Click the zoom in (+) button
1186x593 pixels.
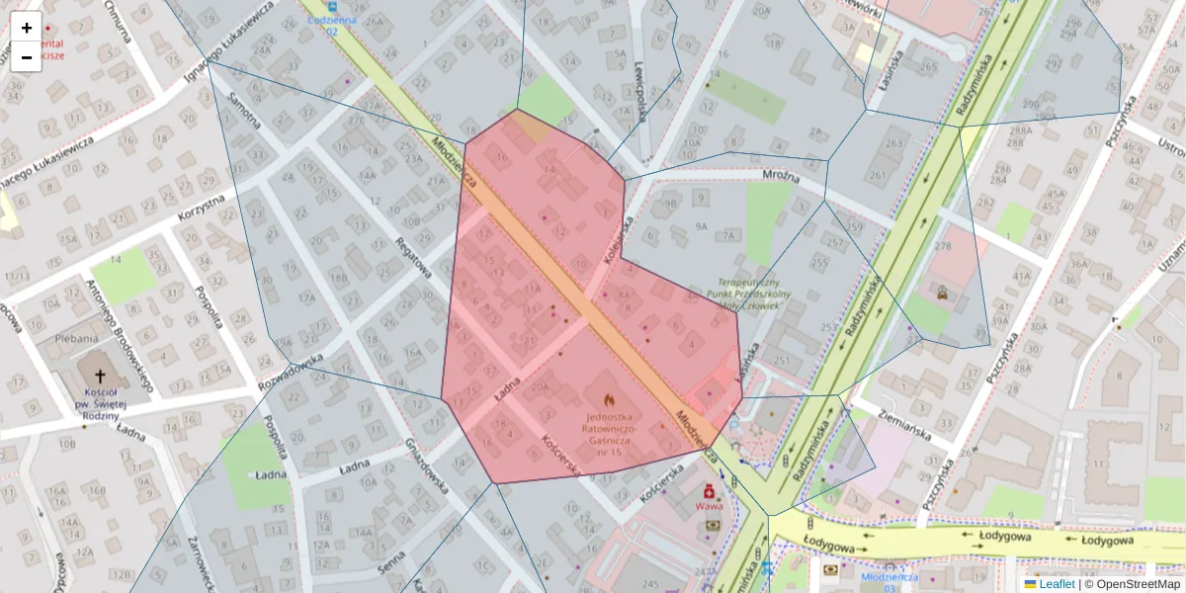click(x=27, y=28)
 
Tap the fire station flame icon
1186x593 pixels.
click(x=609, y=401)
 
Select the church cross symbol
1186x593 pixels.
click(x=99, y=376)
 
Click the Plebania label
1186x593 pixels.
click(x=76, y=337)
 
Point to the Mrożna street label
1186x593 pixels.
click(x=780, y=175)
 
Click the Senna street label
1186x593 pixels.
click(x=391, y=561)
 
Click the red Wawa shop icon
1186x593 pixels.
click(x=709, y=491)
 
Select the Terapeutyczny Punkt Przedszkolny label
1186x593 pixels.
click(x=752, y=294)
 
